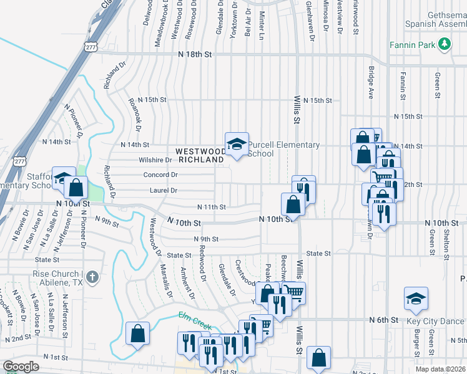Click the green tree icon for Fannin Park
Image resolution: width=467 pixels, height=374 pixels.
pyautogui.click(x=444, y=44)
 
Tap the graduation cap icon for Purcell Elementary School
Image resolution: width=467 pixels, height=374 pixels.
pyautogui.click(x=237, y=144)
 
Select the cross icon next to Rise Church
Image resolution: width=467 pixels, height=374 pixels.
pyautogui.click(x=92, y=276)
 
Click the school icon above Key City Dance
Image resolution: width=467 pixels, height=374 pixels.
pyautogui.click(x=416, y=299)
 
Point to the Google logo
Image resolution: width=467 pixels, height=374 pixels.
pyautogui.click(x=21, y=367)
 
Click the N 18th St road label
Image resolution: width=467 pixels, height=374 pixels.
pyautogui.click(x=194, y=55)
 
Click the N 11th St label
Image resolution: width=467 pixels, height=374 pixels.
pyautogui.click(x=210, y=207)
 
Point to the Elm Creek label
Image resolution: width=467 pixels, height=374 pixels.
pyautogui.click(x=195, y=322)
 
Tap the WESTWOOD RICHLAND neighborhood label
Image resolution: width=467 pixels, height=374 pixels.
pyautogui.click(x=200, y=155)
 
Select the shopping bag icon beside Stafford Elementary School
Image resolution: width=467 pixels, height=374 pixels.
pyautogui.click(x=76, y=187)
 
